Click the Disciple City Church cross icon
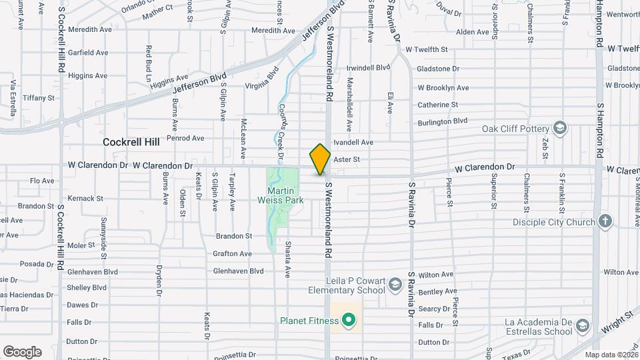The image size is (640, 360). coord(605,221)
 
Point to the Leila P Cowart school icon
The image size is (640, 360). coord(395,285)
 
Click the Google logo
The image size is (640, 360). coord(22,351)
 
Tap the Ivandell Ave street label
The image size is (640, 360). coord(353,142)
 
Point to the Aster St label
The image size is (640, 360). coord(346,159)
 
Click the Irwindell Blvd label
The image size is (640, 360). coord(369,67)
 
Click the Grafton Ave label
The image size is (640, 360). coord(232,253)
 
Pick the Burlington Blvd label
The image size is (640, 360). coord(442,121)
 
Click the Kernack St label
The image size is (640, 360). coord(86,199)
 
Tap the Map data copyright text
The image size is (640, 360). coord(611,355)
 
